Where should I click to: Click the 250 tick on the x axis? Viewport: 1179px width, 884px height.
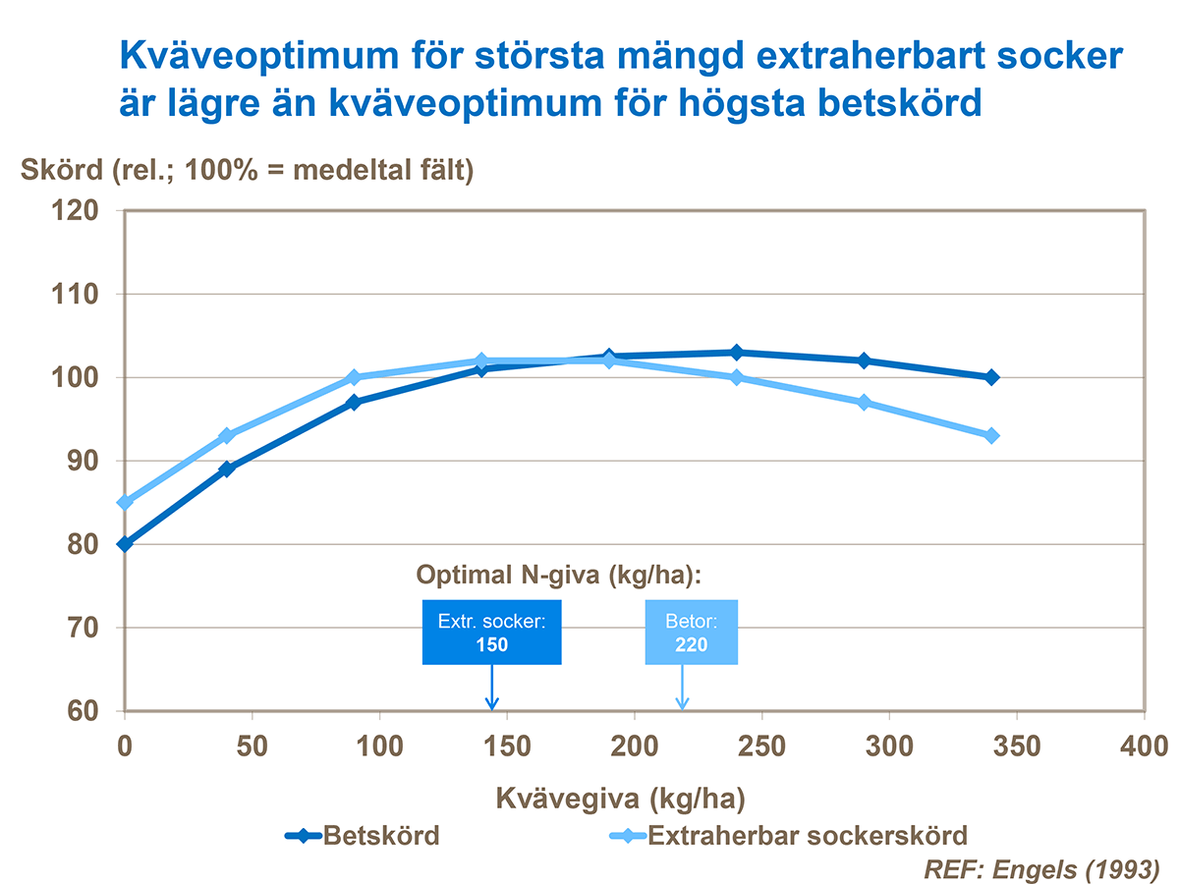761,746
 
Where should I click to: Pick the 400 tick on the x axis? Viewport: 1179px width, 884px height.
1145,746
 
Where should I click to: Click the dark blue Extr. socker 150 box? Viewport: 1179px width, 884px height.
491,633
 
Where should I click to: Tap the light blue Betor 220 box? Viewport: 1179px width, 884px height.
691,633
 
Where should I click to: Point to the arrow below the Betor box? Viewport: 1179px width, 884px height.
682,688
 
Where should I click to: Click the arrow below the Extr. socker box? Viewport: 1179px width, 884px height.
492,688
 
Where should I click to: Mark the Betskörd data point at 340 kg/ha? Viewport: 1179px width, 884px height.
991,377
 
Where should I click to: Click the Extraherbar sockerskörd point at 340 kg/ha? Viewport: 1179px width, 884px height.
991,435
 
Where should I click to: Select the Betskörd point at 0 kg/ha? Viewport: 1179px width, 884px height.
126,543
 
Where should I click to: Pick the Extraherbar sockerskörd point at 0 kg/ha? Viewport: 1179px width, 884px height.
126,502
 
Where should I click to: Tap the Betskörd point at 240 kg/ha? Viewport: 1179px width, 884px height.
737,353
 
